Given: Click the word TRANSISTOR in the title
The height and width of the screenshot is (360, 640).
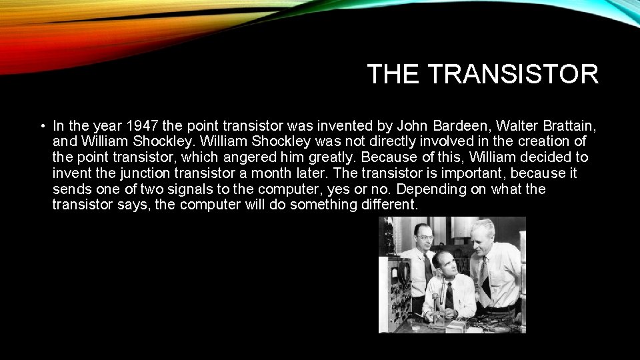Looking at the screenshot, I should point(513,74).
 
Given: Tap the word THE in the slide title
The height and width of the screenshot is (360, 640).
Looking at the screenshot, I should point(394,74).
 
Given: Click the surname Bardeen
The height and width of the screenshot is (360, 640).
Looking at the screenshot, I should point(425,125).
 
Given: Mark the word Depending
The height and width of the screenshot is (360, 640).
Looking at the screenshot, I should point(424,189).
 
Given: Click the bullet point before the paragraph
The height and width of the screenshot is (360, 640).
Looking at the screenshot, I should point(41,125).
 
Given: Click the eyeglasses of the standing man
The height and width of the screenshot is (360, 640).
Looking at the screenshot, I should point(417,238).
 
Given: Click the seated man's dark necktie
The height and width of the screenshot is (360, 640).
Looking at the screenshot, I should point(449,297).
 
